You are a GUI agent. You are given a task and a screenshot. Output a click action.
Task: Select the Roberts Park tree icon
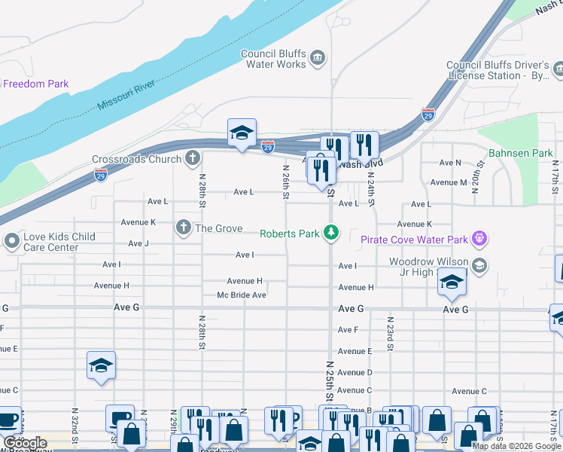click(x=330, y=233)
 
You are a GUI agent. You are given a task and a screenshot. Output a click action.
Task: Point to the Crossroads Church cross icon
click(x=193, y=159)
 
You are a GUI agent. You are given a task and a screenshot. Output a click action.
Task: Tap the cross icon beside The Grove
click(x=182, y=228)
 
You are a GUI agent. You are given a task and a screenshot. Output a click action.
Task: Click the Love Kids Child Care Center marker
click(x=11, y=242)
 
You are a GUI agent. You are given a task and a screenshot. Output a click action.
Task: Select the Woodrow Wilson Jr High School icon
click(x=479, y=266)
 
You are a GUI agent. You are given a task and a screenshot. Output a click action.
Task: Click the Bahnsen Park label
click(x=520, y=153)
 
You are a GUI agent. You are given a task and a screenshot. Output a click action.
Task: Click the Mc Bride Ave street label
click(x=242, y=295)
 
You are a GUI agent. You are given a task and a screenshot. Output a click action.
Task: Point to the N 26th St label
click(x=286, y=183)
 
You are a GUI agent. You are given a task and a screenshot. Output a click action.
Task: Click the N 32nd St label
click(x=75, y=426)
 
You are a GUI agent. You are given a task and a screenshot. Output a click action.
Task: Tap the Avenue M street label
click(x=449, y=182)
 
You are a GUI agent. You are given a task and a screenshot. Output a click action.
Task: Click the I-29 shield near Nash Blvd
click(x=428, y=115)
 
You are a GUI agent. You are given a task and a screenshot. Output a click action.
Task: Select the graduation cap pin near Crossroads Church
click(x=242, y=133)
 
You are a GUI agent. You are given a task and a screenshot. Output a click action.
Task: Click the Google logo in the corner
click(x=25, y=443)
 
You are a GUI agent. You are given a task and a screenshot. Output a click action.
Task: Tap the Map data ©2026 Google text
click(x=516, y=446)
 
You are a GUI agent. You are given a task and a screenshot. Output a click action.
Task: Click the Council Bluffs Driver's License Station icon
click(x=558, y=70)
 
